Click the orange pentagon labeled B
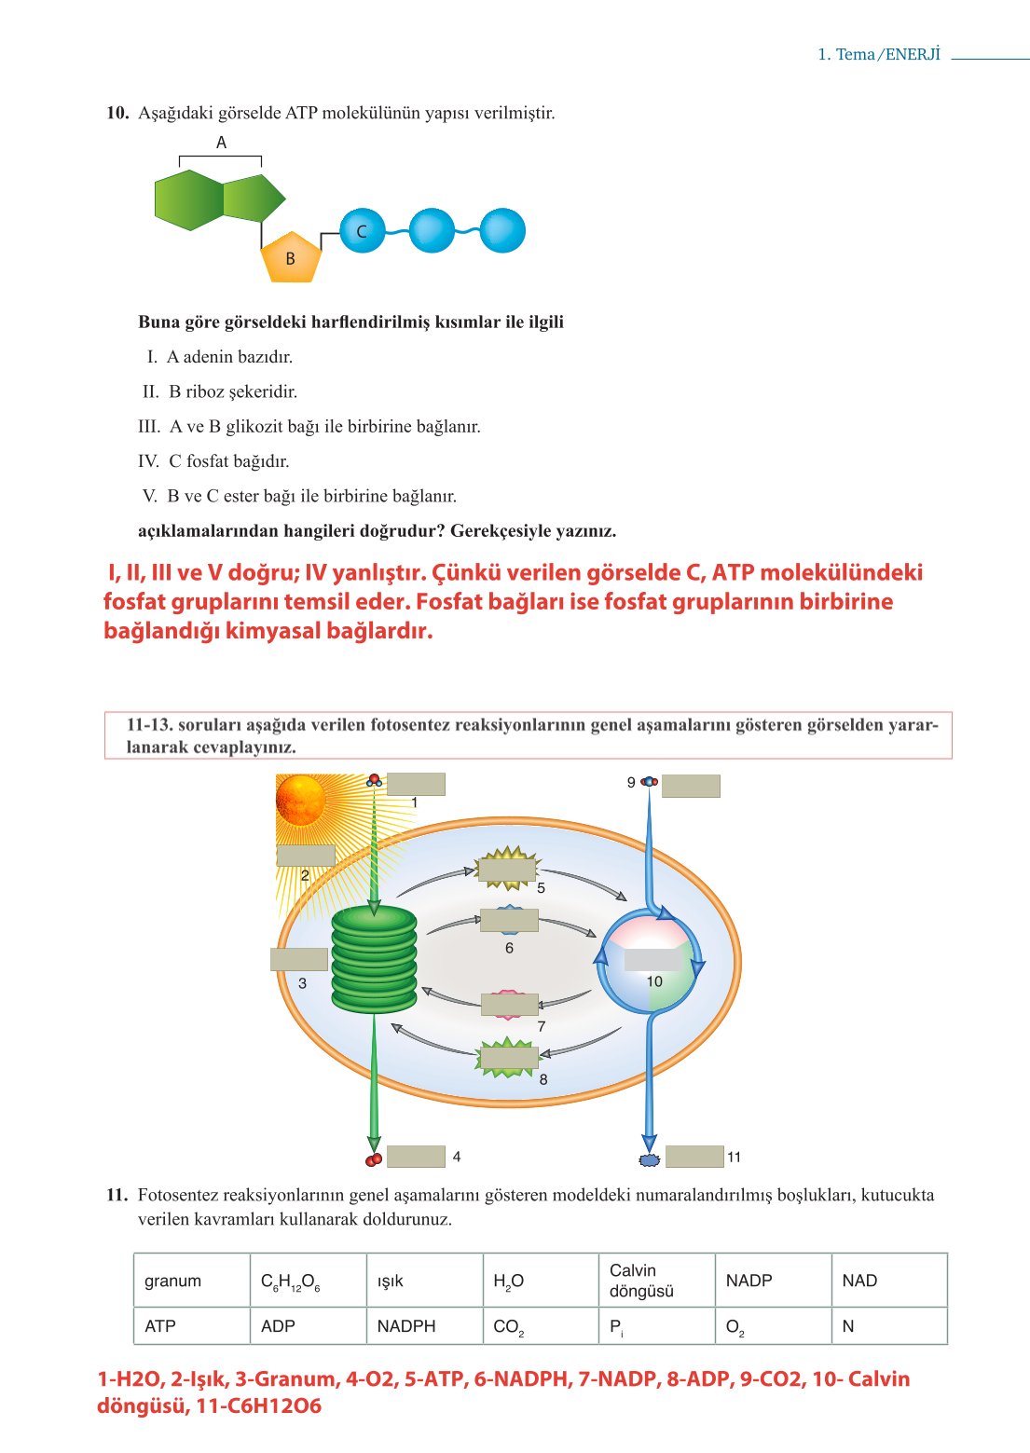click(291, 257)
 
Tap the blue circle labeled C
click(362, 231)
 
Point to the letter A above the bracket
click(221, 143)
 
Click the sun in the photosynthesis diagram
click(301, 800)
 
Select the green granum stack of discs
click(374, 959)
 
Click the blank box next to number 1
click(416, 784)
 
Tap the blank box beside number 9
click(691, 785)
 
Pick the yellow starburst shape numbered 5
click(507, 870)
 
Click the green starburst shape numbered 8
click(508, 1058)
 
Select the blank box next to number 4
click(416, 1156)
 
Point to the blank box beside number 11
click(694, 1156)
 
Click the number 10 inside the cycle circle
click(654, 981)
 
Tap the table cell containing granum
click(191, 1281)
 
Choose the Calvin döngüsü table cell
click(655, 1281)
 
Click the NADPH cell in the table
click(424, 1325)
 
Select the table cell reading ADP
click(308, 1325)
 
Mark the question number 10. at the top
click(117, 113)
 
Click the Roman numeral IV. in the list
click(148, 461)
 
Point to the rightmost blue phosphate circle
click(502, 231)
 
